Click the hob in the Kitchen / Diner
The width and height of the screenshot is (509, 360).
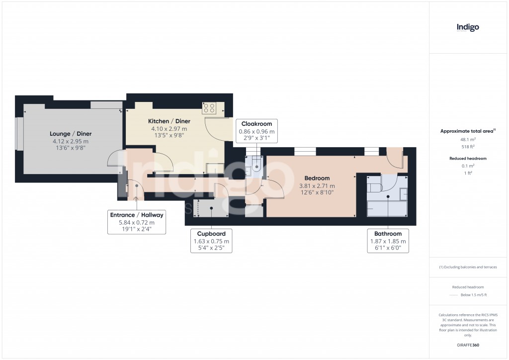(209, 108)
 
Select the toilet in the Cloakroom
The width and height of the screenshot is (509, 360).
(256, 165)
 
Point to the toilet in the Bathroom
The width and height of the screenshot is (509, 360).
(374, 186)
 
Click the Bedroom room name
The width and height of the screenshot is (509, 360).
(317, 178)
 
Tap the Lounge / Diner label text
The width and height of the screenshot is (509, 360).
(71, 134)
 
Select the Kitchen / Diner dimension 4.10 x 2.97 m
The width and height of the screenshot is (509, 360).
(169, 129)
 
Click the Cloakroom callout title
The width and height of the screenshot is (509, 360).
(256, 124)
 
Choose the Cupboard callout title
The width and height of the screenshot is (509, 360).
(211, 234)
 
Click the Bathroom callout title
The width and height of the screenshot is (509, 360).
(388, 234)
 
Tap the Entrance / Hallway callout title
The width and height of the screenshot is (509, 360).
(137, 215)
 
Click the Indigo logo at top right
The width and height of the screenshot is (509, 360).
(468, 27)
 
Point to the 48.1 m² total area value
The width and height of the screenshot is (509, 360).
(468, 140)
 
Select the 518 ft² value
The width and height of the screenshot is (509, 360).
(468, 147)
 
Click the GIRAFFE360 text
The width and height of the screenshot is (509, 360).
(468, 345)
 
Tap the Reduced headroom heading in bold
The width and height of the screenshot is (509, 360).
(468, 159)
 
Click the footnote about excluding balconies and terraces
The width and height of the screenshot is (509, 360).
(468, 267)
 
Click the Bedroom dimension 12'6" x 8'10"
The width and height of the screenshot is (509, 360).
(317, 192)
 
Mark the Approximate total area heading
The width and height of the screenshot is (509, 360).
(467, 131)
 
